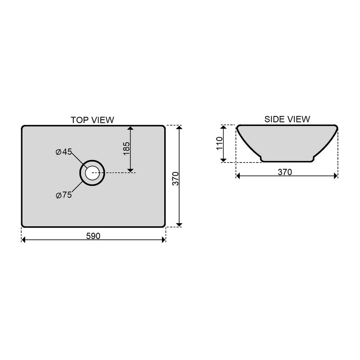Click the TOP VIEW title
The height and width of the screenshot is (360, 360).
[x=92, y=120]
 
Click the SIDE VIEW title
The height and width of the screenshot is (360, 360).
[x=287, y=119]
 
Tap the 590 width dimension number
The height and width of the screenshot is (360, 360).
[x=93, y=236]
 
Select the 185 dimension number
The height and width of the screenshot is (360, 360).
[x=126, y=148]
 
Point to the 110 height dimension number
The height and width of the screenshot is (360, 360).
[x=220, y=143]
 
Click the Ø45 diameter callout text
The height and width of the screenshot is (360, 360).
[x=64, y=152]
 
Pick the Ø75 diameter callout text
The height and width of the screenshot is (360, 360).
[x=64, y=195]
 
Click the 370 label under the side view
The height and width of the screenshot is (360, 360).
[x=285, y=172]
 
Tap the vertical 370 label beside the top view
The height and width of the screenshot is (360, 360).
[x=175, y=178]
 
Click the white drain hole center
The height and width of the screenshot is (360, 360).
[x=92, y=173]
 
